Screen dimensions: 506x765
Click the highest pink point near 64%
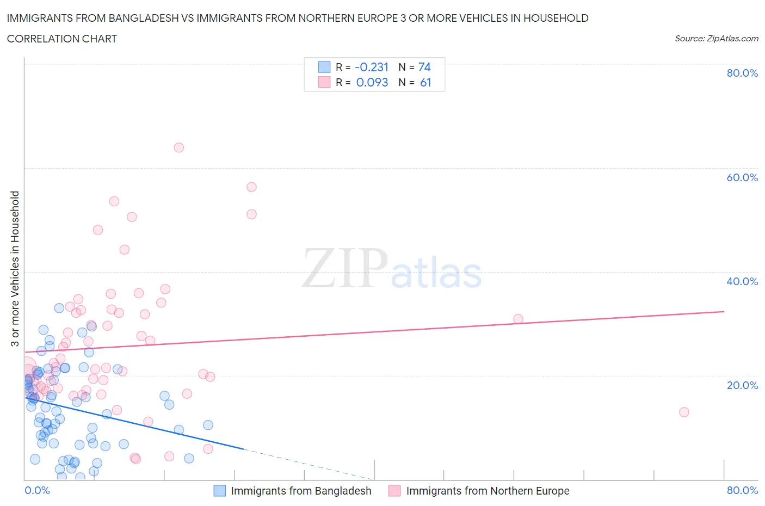178,147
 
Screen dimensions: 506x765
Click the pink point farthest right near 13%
684,412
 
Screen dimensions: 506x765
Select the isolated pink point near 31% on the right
518,319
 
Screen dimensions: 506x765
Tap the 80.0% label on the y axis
742,73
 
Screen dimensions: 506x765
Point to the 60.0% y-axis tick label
742,177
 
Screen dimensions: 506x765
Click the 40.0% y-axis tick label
742,281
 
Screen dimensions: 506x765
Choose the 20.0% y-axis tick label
742,385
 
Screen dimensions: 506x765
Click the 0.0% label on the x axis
37,490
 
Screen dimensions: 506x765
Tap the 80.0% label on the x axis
742,490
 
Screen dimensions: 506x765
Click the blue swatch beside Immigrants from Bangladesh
219,491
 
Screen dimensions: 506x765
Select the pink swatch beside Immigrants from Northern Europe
394,491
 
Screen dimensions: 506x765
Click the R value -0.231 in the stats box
372,67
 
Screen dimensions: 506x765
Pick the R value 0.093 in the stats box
372,82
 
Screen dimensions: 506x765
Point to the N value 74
424,67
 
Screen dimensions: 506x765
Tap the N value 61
425,82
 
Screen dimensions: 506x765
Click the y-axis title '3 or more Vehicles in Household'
15,269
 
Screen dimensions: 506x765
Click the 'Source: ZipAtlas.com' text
716,38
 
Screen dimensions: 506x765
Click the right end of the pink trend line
724,311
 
